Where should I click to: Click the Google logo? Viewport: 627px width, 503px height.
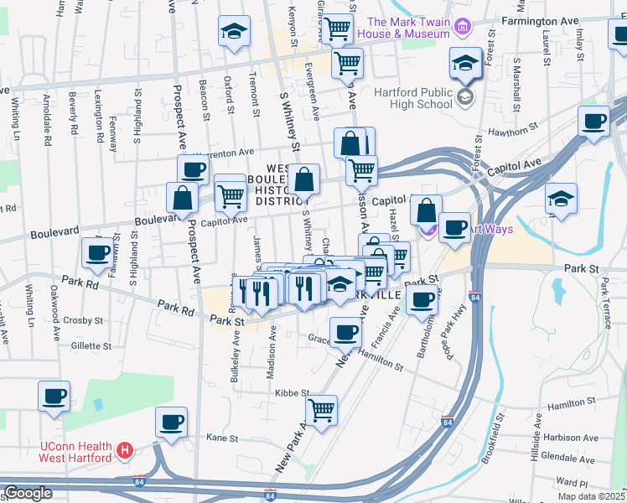28,493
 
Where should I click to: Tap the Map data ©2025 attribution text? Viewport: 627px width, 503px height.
590,496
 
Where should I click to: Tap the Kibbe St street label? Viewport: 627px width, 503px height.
292,392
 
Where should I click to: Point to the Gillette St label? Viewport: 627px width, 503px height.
97,345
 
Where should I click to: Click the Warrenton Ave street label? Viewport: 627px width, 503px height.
225,153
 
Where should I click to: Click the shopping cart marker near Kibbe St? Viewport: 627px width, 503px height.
320,410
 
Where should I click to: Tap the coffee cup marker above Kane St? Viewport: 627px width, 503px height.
171,422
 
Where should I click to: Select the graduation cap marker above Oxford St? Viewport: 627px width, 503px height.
234,32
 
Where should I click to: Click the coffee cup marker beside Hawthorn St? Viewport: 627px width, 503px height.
593,121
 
